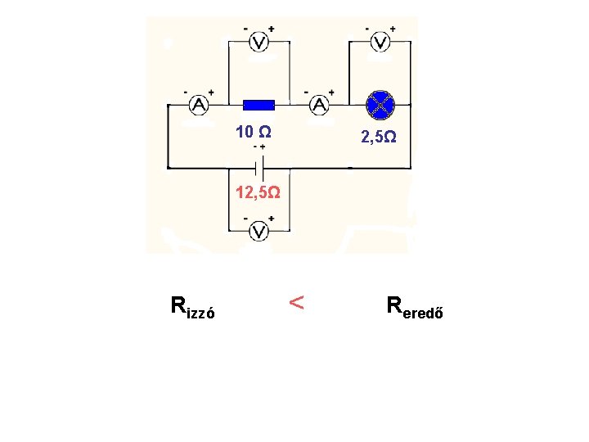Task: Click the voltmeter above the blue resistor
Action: pos(259,42)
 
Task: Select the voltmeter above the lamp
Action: pos(380,42)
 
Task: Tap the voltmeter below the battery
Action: pos(259,232)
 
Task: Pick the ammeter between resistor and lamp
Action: pos(319,105)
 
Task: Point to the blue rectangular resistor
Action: pos(259,105)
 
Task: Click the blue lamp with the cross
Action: pos(380,104)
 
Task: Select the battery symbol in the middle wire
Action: pos(259,168)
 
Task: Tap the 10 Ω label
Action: pos(254,132)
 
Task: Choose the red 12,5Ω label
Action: pos(259,193)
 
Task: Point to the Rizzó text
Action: pos(193,308)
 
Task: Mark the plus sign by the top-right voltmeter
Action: pos(392,29)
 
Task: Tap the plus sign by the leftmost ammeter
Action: pos(211,92)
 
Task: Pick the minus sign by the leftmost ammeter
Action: pos(186,92)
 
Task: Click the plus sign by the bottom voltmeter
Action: pos(271,219)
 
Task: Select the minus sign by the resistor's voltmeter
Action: pos(245,29)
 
